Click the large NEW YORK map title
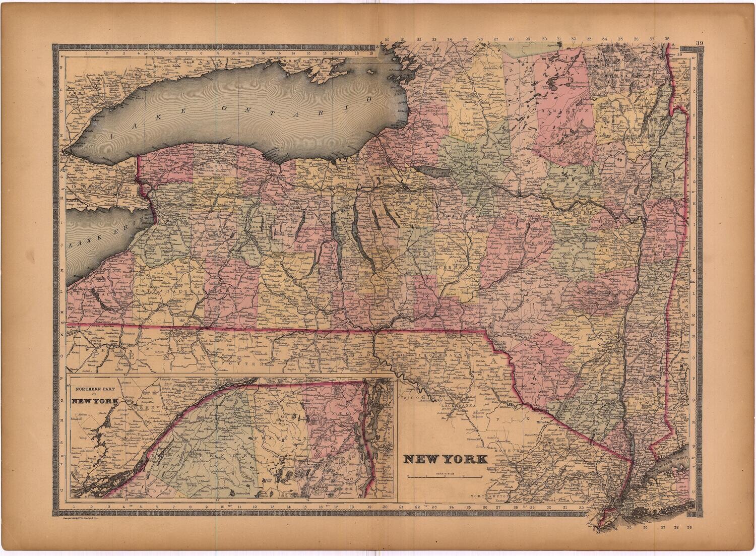445,459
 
